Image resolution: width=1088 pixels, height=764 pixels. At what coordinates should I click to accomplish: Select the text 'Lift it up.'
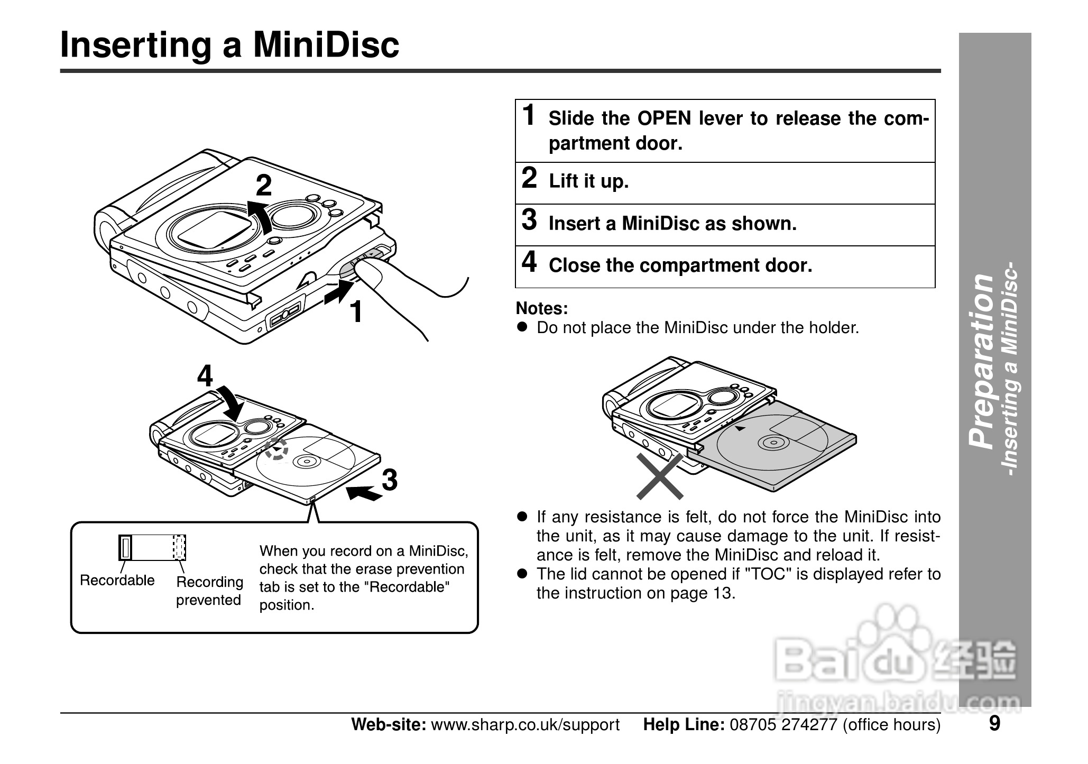[x=588, y=181]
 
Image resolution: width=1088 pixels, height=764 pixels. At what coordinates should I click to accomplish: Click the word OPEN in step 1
[x=664, y=119]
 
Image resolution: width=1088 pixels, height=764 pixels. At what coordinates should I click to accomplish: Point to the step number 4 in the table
[x=529, y=262]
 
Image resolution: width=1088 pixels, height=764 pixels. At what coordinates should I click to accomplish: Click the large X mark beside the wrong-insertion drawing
[x=660, y=476]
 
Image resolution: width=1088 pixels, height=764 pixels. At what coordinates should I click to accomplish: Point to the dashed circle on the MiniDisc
[x=276, y=448]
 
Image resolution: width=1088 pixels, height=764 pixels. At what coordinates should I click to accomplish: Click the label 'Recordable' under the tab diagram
[x=117, y=580]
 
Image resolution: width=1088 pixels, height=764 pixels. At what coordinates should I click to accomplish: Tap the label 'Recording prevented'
[x=209, y=591]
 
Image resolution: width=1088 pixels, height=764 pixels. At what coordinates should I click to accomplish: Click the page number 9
[x=994, y=723]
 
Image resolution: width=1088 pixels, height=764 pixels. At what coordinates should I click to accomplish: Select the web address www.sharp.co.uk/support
[x=525, y=724]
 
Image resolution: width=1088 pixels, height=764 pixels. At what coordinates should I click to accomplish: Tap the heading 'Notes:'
[x=541, y=308]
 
